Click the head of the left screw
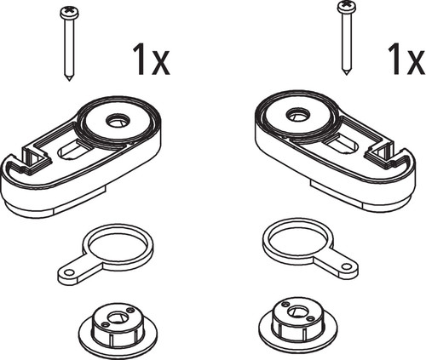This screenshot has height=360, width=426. coord(69,12)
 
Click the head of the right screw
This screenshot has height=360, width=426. coord(346,6)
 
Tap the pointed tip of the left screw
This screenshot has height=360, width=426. coord(69,80)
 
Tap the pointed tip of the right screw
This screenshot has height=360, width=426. coord(346,73)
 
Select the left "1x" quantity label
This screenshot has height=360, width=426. coord(152,60)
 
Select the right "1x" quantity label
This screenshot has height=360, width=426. coord(406,60)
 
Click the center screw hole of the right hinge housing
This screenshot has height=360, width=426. coord(297,115)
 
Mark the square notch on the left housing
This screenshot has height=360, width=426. coord(37,156)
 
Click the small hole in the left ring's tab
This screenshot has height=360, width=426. coord(68,272)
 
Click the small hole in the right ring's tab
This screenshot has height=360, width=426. coord(347,266)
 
